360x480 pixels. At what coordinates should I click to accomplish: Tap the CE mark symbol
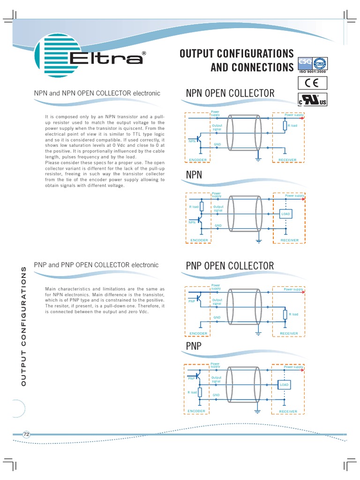pyautogui.click(x=313, y=83)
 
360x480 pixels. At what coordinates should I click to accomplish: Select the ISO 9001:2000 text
pyautogui.click(x=313, y=72)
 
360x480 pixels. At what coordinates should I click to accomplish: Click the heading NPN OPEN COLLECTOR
pyautogui.click(x=230, y=93)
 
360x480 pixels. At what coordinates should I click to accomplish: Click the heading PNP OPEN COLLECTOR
pyautogui.click(x=230, y=266)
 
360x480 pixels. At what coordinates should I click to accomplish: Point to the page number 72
pyautogui.click(x=26, y=435)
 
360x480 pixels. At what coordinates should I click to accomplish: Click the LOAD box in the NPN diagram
pyautogui.click(x=286, y=214)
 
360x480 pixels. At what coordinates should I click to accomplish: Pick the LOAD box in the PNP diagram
pyautogui.click(x=285, y=385)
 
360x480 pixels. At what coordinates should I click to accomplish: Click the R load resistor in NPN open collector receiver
pyautogui.click(x=285, y=126)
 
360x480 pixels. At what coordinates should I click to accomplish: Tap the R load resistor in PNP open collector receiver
pyautogui.click(x=285, y=315)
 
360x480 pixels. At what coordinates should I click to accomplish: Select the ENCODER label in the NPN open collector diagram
pyautogui.click(x=198, y=160)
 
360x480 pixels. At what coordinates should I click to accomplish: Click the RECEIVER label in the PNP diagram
pyautogui.click(x=288, y=412)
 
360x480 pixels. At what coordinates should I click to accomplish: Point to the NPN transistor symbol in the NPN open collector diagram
pyautogui.click(x=200, y=139)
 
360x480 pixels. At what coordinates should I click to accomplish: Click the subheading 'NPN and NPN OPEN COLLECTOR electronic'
pyautogui.click(x=97, y=93)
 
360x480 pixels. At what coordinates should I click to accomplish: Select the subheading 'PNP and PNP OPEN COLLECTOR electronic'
pyautogui.click(x=96, y=265)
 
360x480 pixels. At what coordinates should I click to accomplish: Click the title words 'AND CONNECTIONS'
pyautogui.click(x=252, y=67)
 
